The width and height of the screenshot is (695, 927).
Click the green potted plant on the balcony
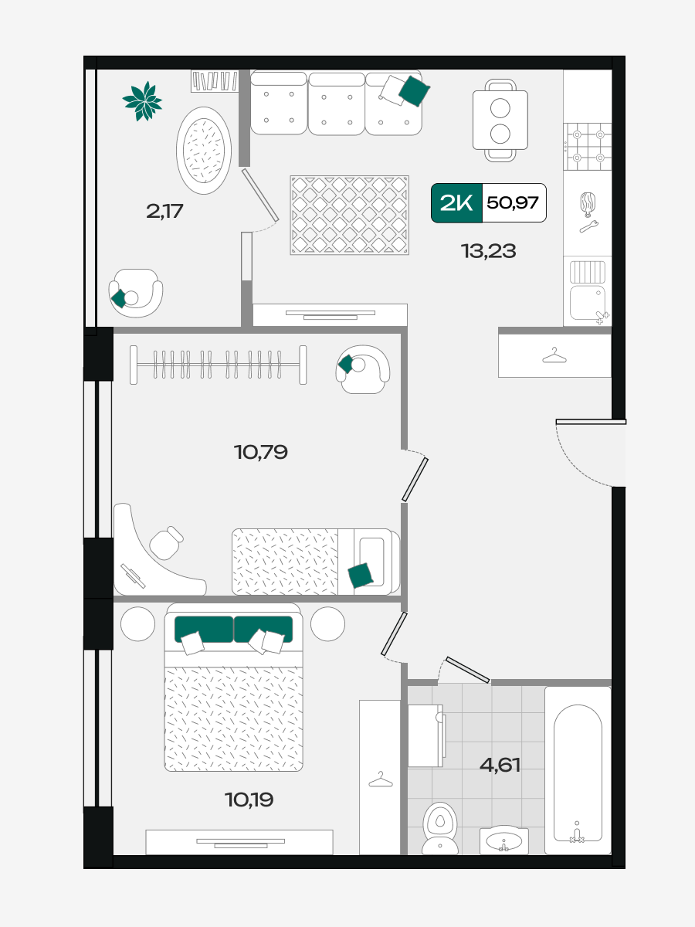click(142, 101)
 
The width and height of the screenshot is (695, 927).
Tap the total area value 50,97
click(513, 202)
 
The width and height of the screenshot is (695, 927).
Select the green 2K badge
click(456, 202)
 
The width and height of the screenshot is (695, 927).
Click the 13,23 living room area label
click(488, 251)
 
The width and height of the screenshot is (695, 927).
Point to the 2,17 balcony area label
click(164, 211)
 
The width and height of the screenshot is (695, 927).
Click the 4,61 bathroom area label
click(500, 765)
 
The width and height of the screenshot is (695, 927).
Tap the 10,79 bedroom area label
click(261, 453)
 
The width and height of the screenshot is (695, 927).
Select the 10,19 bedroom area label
click(249, 800)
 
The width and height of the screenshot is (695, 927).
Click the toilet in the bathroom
click(440, 828)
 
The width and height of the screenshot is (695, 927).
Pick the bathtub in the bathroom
click(578, 770)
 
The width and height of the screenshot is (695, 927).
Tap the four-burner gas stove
click(588, 147)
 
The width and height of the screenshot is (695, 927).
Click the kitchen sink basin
click(588, 302)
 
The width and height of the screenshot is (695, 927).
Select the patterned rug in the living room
click(349, 216)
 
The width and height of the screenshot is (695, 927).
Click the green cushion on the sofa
click(415, 91)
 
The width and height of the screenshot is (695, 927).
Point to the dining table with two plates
click(500, 121)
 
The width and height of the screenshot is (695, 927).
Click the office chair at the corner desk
click(166, 543)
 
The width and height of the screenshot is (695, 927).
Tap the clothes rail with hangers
click(219, 365)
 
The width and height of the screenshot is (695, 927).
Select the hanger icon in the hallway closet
click(554, 355)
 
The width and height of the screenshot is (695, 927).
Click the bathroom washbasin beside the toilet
click(503, 840)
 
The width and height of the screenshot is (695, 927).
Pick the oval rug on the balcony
click(204, 151)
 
